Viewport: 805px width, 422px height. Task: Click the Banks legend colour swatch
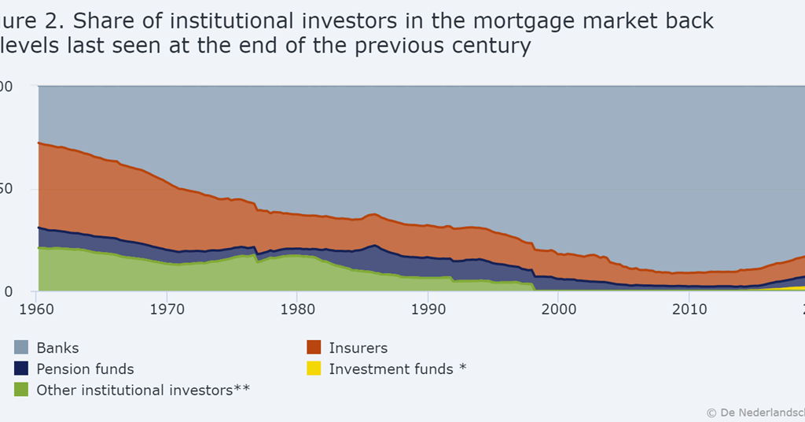point(22,347)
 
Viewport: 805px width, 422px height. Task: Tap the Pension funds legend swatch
point(22,368)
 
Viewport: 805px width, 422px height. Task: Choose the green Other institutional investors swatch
point(22,390)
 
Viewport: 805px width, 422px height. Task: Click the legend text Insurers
point(358,347)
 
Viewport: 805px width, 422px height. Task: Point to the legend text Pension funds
point(85,368)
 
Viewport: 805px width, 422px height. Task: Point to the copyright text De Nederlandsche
point(759,412)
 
